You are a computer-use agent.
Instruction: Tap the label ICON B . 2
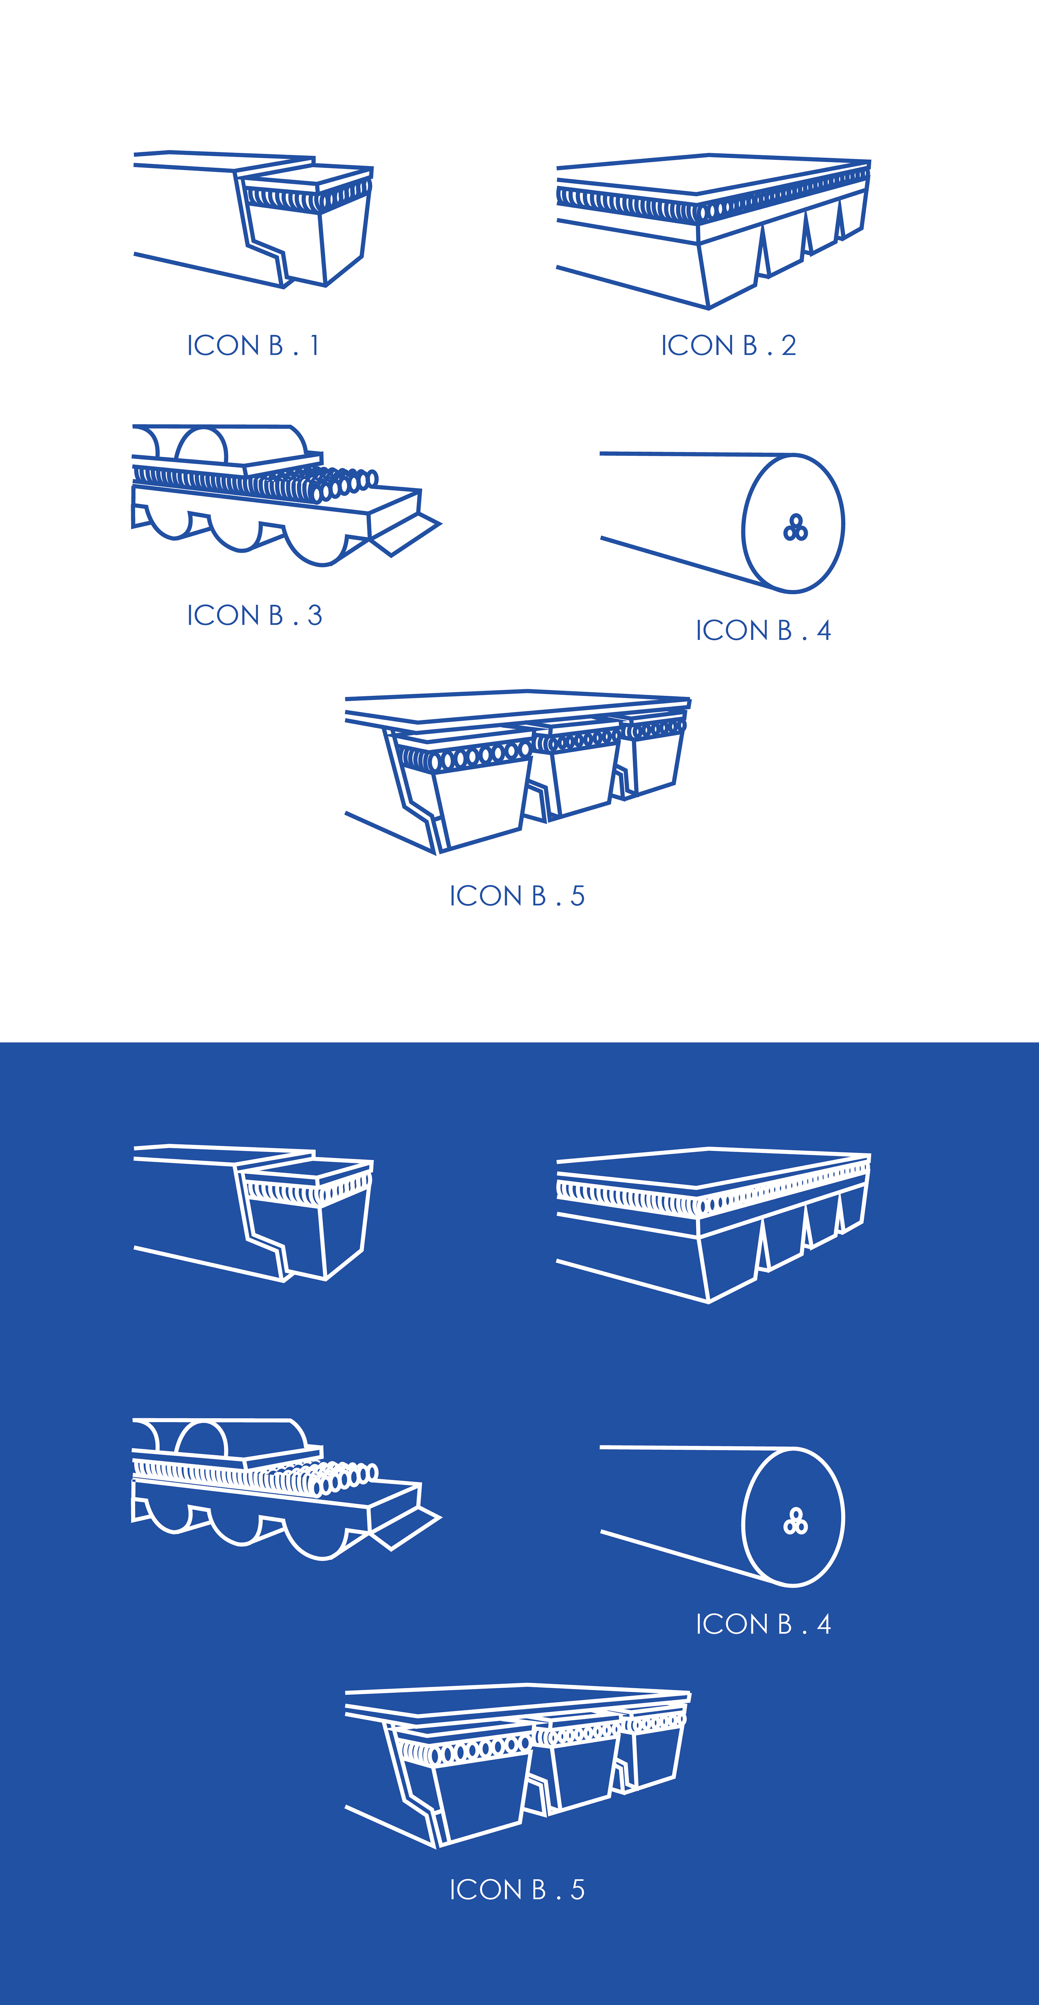[729, 346]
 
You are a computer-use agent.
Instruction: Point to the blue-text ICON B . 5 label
[517, 896]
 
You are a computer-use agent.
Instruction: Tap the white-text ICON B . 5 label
[517, 1890]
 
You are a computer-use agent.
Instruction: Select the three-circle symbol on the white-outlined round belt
[796, 1522]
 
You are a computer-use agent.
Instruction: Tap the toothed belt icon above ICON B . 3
[286, 495]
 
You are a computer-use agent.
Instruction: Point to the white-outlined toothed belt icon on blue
[286, 1489]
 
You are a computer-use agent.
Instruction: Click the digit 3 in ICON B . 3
[314, 616]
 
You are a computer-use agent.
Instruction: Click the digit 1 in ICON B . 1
[314, 346]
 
